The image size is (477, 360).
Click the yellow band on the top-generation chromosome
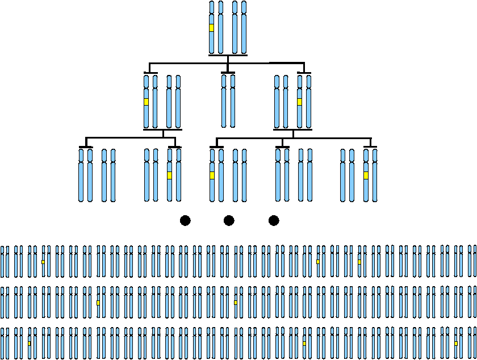(x=212, y=28)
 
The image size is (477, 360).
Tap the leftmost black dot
(x=185, y=220)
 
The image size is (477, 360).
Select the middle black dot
(x=229, y=220)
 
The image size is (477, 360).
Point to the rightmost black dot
(x=274, y=220)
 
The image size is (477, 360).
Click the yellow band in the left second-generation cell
(x=146, y=102)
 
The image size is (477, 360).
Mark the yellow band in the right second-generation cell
(x=299, y=102)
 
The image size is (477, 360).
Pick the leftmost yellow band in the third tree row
(x=169, y=175)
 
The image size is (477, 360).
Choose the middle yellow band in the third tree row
(x=212, y=175)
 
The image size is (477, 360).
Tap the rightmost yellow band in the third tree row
(x=366, y=175)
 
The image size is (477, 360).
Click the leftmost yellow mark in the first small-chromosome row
(x=43, y=262)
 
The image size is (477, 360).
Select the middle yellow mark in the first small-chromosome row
(x=318, y=262)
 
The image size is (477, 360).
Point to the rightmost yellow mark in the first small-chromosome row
(x=359, y=262)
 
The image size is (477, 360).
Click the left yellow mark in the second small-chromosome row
(x=98, y=303)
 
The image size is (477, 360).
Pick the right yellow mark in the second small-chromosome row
(x=236, y=303)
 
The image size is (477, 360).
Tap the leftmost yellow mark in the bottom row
(x=30, y=344)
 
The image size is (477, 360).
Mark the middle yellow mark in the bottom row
(x=304, y=344)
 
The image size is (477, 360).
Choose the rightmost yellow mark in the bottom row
(x=456, y=344)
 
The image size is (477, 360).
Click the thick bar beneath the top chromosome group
(x=228, y=55)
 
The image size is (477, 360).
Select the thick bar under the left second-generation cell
(x=162, y=129)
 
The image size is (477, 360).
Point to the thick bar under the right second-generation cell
(x=293, y=129)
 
